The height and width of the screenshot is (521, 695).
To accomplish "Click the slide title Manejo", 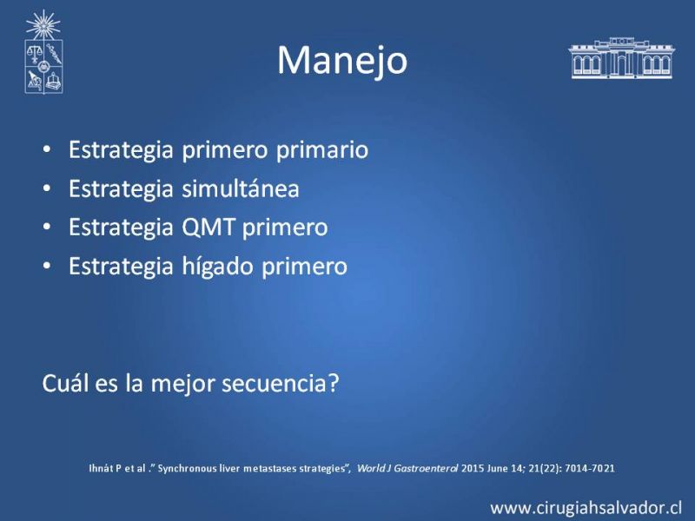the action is point(342,61).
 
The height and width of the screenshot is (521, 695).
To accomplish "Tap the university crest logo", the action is point(43,52).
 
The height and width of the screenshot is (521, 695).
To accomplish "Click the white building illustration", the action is point(622,58).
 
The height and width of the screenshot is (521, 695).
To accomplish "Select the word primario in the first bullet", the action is point(322,149).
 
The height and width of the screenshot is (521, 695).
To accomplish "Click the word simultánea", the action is point(241,188).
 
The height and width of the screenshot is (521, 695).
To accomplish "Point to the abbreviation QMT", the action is point(208,228).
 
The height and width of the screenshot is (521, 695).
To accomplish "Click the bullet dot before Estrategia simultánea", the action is point(47,188).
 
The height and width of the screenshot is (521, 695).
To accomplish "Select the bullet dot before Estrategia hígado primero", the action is point(47,267).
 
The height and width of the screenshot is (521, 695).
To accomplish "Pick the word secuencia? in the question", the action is point(280,383).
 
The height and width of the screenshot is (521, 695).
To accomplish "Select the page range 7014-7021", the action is point(590,468).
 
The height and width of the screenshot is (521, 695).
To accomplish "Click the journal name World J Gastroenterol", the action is point(407,468).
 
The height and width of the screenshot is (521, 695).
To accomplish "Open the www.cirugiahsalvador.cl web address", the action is point(586,508).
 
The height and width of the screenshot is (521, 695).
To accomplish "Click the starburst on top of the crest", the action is point(43,25).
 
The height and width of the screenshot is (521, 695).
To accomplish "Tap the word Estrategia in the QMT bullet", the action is point(121,228).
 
